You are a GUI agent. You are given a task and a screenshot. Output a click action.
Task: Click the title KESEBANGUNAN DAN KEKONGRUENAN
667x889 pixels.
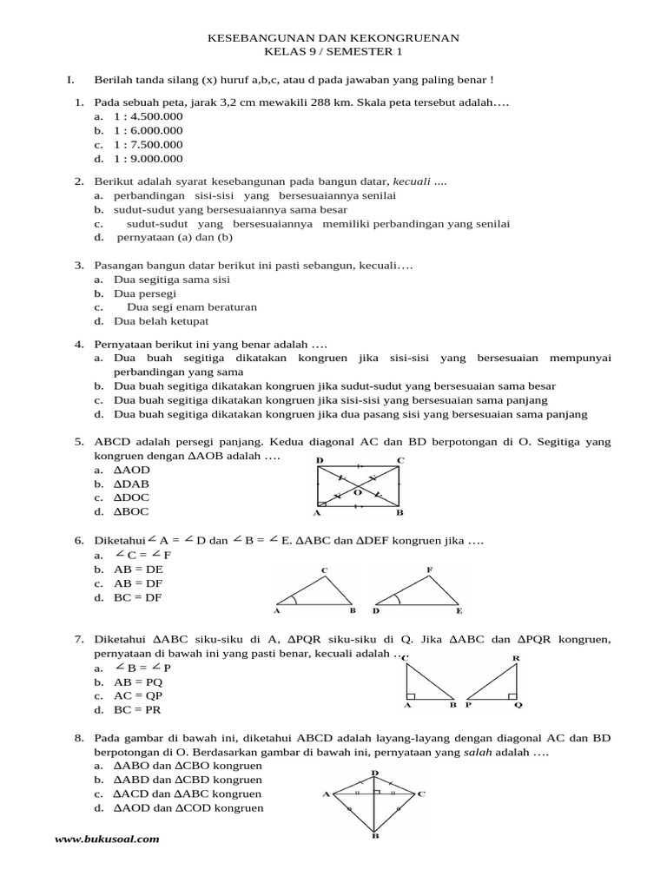[x=333, y=38]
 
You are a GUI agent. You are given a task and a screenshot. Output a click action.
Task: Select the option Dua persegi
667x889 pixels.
[x=145, y=293]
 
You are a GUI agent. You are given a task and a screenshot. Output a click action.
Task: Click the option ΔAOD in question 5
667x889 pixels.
[x=132, y=470]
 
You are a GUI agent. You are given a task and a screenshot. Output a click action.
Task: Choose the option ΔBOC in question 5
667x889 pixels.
[x=132, y=511]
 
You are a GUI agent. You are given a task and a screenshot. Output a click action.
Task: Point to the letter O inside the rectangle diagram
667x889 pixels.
[x=356, y=492]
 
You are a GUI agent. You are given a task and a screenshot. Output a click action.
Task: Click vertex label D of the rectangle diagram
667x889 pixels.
[x=320, y=459]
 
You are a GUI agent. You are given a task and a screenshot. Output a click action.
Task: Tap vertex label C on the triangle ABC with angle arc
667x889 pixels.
[x=324, y=570]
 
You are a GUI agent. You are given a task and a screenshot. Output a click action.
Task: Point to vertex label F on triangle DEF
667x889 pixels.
[x=429, y=570]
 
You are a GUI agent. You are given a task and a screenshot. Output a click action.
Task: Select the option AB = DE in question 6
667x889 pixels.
[x=138, y=569]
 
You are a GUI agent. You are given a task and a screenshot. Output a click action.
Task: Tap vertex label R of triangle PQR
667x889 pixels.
[x=516, y=658]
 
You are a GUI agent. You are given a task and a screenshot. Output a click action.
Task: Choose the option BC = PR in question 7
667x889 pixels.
[x=138, y=709]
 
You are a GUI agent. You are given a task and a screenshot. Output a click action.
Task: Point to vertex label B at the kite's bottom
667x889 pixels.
[x=375, y=836]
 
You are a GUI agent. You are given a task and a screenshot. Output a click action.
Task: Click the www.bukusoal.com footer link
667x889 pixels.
[x=107, y=840]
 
